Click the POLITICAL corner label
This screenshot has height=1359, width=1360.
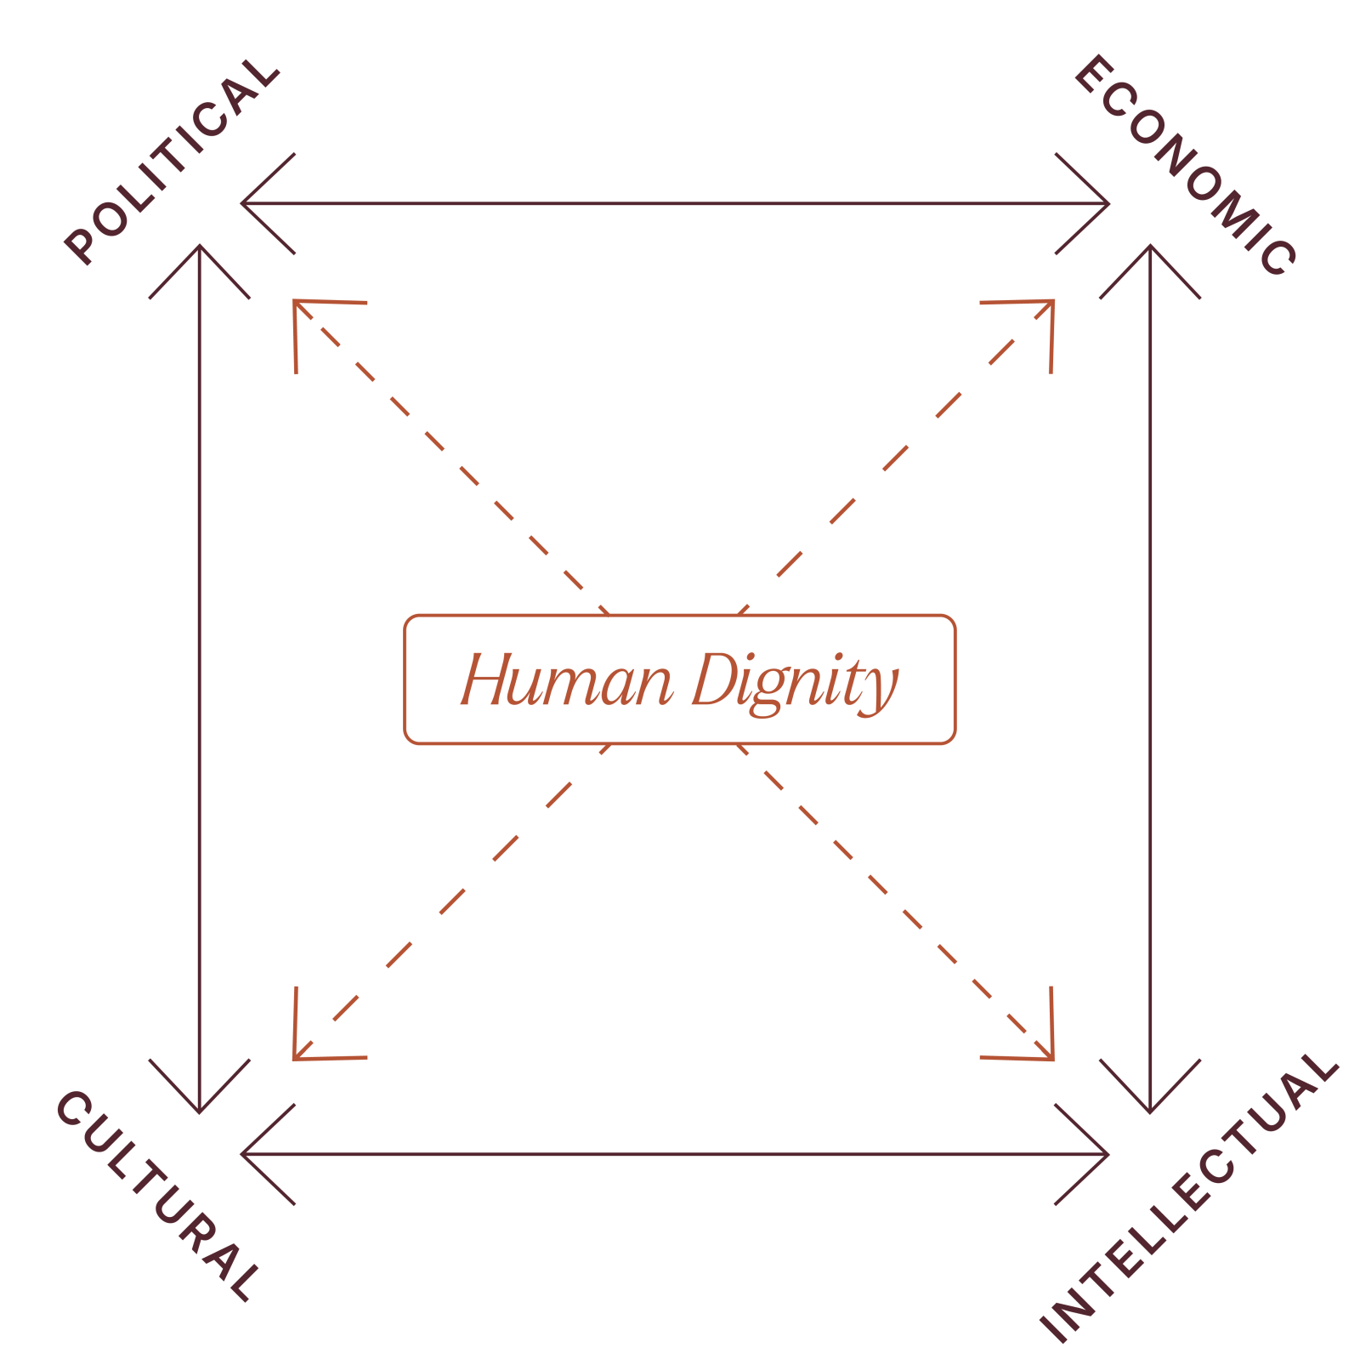(172, 160)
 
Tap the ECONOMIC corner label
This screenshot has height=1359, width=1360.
(1186, 165)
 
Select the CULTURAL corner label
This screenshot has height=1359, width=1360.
(157, 1195)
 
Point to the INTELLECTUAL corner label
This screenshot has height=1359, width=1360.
(1189, 1198)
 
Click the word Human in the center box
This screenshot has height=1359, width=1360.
(567, 679)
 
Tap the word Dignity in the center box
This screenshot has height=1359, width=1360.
(795, 683)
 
